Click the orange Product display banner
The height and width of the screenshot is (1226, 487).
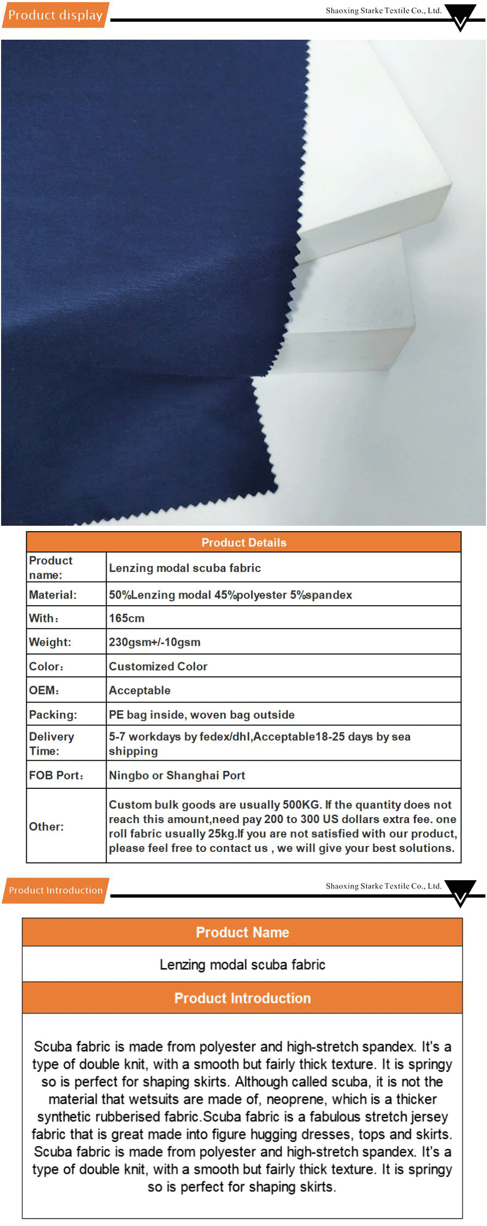coord(56,15)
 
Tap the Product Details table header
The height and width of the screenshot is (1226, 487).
coord(244,542)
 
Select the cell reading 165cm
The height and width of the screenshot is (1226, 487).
coord(127,618)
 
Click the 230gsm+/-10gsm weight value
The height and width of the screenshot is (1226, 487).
coord(155,642)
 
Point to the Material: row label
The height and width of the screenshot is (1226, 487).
coord(53,595)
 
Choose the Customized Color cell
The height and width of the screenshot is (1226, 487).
coord(158,666)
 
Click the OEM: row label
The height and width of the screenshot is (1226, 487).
coord(44,690)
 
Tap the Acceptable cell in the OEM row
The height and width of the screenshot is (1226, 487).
coord(140,690)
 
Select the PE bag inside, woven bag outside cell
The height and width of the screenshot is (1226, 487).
coord(202,714)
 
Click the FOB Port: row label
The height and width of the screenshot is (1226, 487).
coord(56,775)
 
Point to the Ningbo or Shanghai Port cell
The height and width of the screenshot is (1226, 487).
coord(177,775)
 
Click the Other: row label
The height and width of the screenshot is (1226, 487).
coord(46,826)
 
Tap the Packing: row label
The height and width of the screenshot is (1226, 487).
coord(53,714)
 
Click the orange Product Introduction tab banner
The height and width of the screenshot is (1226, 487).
coord(56,890)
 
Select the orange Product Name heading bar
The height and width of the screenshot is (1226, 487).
coord(243,932)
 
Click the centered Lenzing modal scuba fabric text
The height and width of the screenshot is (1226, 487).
coord(243,964)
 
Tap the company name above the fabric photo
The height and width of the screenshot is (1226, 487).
coord(384,10)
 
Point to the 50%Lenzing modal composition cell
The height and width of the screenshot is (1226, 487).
coord(231,595)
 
